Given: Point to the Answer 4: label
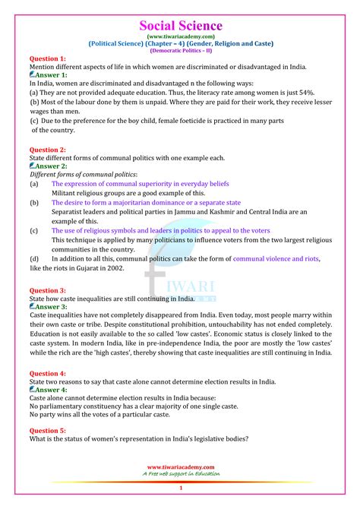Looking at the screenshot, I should click(x=51, y=390).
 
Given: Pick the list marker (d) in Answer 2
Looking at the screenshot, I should click(x=35, y=259).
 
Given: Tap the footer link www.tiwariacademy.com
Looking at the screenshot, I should click(x=180, y=467).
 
